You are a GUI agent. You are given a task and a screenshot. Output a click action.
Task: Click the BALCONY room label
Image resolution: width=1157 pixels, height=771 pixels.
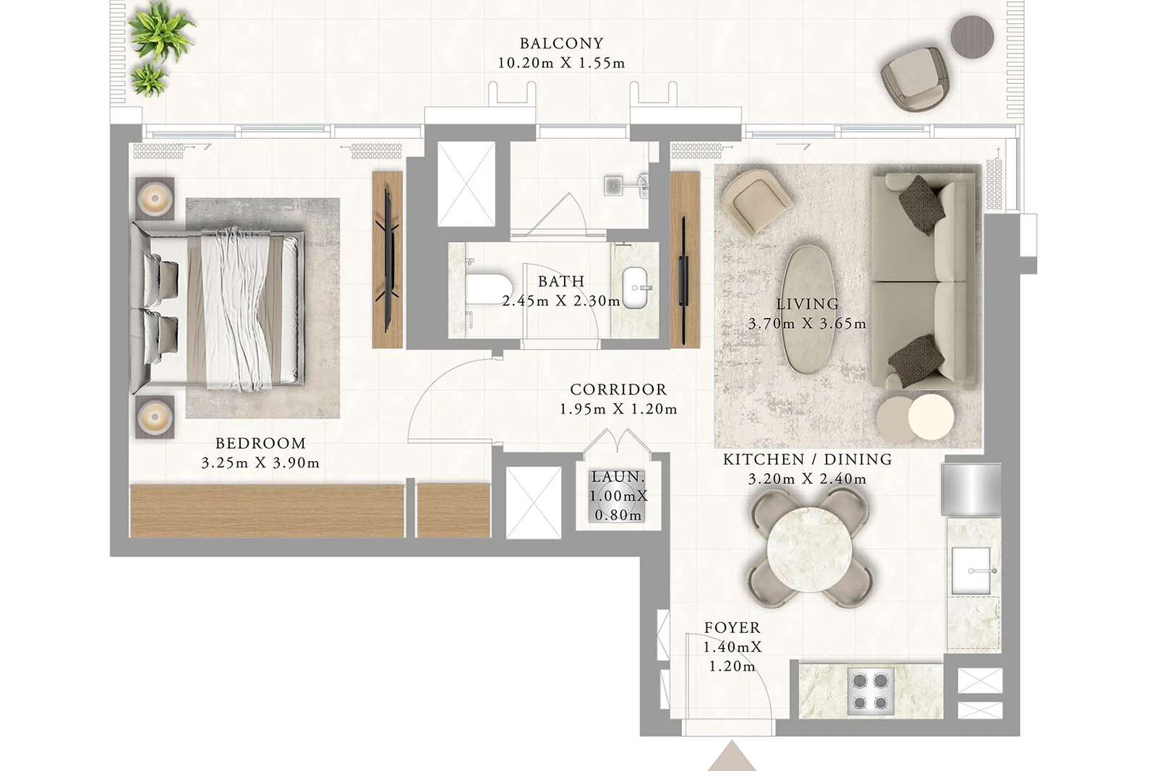(x=561, y=43)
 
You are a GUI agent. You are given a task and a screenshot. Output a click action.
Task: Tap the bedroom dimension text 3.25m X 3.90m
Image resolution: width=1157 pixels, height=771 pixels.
(x=260, y=463)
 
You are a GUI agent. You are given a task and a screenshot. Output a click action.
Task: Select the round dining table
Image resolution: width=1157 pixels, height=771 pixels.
(x=809, y=548)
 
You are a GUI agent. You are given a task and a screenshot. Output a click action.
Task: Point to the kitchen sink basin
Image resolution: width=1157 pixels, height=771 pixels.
(x=971, y=571)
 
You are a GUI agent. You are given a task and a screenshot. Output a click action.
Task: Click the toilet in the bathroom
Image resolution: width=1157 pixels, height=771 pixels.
(x=488, y=288)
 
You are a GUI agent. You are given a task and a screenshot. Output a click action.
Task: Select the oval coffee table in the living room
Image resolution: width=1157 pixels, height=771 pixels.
(x=808, y=309)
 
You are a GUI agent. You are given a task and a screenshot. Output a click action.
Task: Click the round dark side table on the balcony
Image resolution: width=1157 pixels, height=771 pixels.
(x=972, y=37)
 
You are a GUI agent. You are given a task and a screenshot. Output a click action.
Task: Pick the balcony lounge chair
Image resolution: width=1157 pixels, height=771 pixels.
(x=915, y=80)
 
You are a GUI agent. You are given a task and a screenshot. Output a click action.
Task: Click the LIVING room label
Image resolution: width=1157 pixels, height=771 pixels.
(x=807, y=304)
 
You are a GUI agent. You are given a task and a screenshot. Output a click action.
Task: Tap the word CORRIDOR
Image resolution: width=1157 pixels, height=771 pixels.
(x=618, y=389)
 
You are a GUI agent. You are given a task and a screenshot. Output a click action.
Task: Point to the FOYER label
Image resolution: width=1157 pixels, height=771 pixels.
(x=733, y=627)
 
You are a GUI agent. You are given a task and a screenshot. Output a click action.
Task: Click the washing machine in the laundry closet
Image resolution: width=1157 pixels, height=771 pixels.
(x=618, y=496)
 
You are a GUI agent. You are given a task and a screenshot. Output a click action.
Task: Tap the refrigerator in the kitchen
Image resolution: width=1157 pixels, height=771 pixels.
(x=971, y=490)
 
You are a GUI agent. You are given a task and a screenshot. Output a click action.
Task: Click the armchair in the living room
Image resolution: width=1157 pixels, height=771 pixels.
(x=756, y=202)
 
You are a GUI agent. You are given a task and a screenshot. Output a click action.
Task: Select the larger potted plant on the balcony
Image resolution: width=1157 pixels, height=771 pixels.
(x=161, y=32)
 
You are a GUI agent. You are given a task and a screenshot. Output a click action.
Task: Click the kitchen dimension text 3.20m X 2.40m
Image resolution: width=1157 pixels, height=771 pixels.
(x=807, y=479)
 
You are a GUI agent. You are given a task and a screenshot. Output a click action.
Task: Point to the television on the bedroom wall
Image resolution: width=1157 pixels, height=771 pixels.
(x=388, y=260)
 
